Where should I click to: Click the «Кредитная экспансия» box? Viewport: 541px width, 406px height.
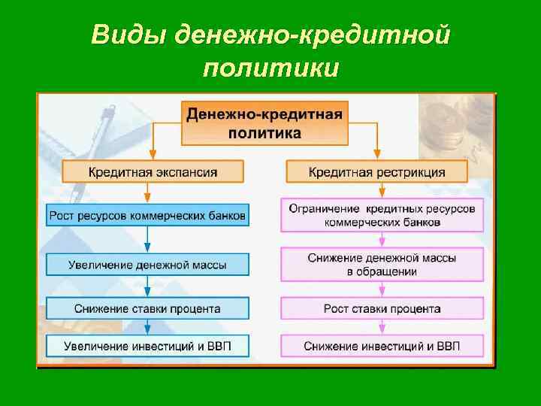click(153, 172)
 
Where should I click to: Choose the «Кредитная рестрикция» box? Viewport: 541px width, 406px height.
click(376, 172)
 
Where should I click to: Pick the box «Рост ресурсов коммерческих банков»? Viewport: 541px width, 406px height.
click(147, 216)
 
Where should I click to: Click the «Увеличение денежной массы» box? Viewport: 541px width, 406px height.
click(147, 264)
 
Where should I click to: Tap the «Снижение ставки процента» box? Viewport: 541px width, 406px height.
click(147, 308)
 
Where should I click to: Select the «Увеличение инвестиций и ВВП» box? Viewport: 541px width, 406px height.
click(147, 346)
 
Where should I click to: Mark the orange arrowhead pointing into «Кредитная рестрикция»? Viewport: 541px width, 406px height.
click(377, 156)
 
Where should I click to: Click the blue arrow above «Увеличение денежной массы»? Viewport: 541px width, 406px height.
click(148, 247)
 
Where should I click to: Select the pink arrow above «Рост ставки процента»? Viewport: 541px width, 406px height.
click(382, 290)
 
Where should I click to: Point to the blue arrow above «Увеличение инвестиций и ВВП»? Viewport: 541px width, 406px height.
click(148, 329)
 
